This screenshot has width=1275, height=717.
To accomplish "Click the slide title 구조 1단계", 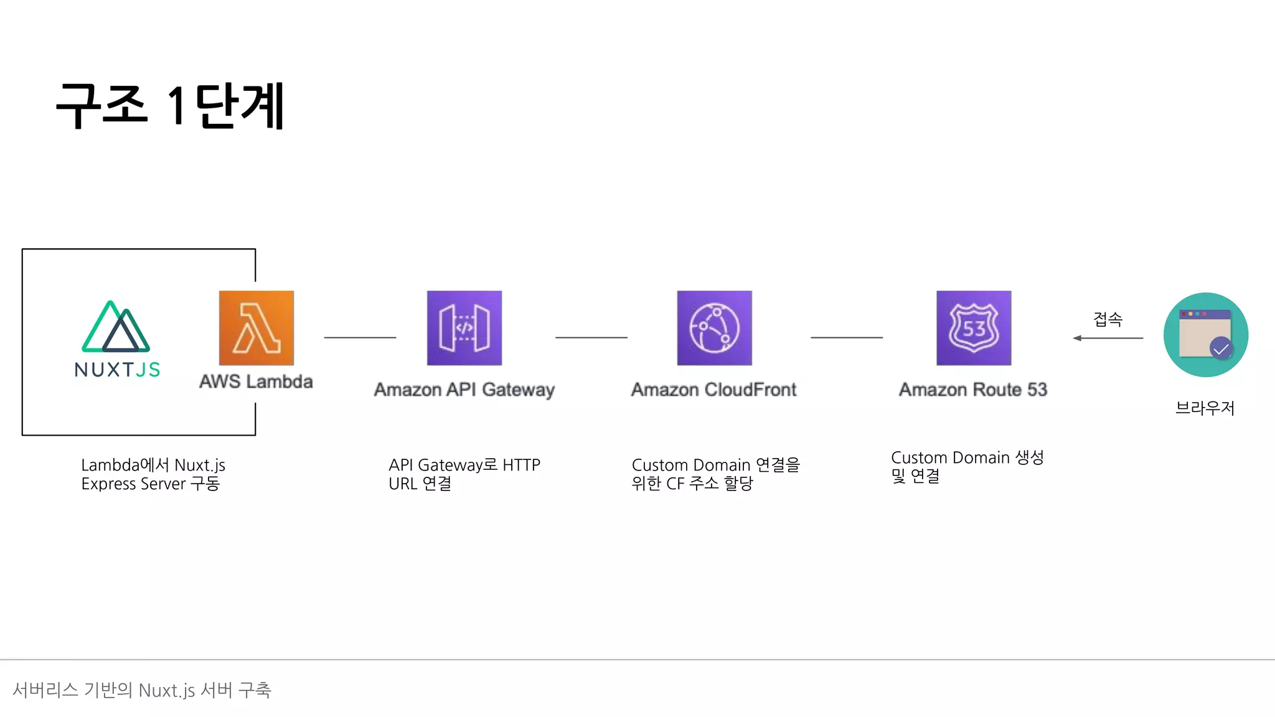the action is point(170,106).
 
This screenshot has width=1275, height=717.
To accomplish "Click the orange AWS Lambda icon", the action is point(256,328).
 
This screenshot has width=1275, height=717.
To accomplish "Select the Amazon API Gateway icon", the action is point(464,328).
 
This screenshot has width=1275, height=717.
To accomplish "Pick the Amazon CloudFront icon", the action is point(715,328).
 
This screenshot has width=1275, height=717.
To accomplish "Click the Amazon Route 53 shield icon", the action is point(974,328).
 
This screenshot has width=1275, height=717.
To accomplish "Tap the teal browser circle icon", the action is point(1205,335).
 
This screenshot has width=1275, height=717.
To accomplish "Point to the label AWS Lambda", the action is point(256,382).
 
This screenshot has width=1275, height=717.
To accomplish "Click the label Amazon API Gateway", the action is point(464,390).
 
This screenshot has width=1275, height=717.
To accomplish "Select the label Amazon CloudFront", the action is point(714,390).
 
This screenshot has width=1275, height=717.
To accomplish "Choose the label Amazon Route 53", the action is point(973,390).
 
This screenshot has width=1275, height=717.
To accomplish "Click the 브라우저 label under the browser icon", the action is point(1205,408).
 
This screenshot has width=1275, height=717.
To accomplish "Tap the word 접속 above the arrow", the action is point(1108,319).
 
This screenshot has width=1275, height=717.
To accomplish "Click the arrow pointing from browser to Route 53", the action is point(1108,338).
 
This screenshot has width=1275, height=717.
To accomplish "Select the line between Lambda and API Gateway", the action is point(360,337).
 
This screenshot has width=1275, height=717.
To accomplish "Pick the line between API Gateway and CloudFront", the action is point(591,337).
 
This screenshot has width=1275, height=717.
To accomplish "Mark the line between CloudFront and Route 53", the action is point(847,337).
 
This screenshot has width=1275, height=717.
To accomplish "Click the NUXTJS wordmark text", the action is point(117,370).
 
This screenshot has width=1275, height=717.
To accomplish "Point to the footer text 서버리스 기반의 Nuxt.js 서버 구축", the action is point(142,690).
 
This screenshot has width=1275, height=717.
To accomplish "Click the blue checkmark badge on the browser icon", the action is point(1221,348).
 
